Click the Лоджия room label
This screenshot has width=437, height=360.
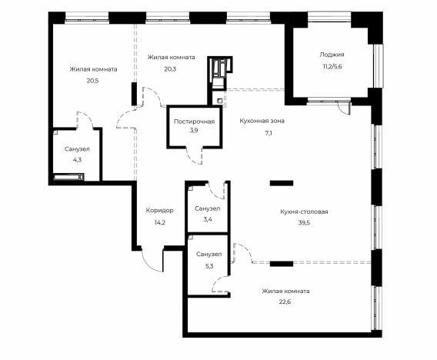[x=332, y=55]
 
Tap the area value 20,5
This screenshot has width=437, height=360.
[x=93, y=81]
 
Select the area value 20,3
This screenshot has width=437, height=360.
[x=170, y=68]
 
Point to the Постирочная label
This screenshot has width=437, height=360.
[x=194, y=122]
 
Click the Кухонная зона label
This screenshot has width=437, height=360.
[x=262, y=121]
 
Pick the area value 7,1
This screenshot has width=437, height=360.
[x=269, y=133]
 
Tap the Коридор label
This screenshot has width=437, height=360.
[x=160, y=210]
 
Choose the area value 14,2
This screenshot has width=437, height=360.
[x=160, y=222]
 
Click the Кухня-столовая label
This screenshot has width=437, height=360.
[x=304, y=212]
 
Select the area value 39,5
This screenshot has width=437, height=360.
[x=304, y=223]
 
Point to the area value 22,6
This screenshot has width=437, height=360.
[x=285, y=302]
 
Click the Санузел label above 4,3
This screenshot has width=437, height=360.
[x=77, y=149]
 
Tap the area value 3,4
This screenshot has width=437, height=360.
[x=208, y=219]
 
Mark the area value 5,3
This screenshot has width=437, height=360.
[x=209, y=266]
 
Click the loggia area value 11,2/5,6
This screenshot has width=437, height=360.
[x=331, y=67]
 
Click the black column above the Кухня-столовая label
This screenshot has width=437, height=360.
[x=282, y=183]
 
